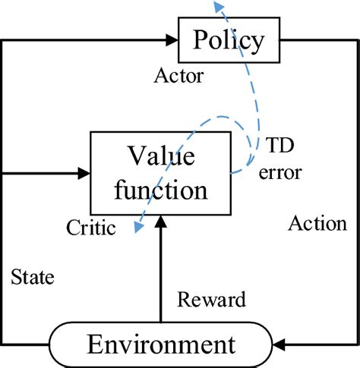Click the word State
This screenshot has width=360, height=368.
[x=33, y=278]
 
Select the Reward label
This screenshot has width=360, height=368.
[x=212, y=300]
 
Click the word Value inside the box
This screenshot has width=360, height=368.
[x=160, y=157]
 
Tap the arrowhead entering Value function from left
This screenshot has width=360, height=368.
[x=84, y=173]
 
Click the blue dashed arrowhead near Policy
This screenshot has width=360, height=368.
[x=219, y=7]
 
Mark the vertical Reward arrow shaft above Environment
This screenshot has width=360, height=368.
[x=160, y=273]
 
